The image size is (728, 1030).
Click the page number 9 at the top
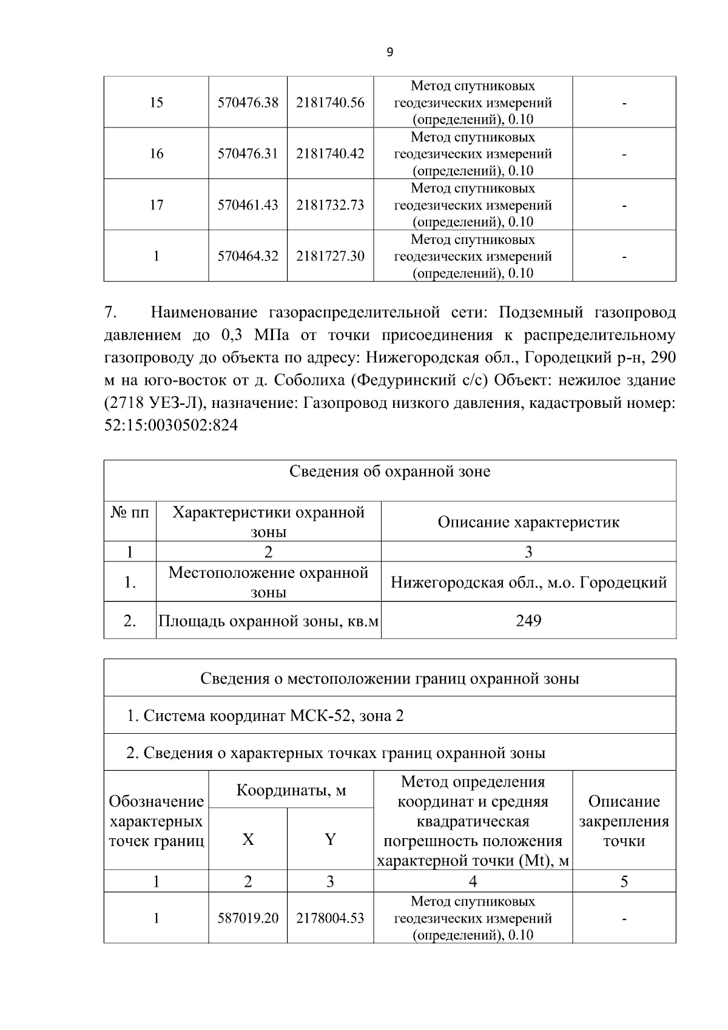[389, 53]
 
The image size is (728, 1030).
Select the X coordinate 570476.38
[248, 103]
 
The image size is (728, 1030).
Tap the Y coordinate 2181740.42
[330, 154]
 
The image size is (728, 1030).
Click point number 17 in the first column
[156, 205]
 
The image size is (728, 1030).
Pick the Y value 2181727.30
[330, 256]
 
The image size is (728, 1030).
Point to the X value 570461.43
[248, 205]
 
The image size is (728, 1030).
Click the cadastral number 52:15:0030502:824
[171, 425]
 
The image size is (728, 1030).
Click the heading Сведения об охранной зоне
[389, 472]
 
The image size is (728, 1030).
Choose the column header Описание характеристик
[528, 522]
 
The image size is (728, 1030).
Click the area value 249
[528, 620]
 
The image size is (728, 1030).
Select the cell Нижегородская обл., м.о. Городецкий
[528, 583]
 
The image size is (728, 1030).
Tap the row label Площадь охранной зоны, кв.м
[268, 621]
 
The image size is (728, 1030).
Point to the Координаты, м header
[291, 790]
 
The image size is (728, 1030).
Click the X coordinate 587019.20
[248, 918]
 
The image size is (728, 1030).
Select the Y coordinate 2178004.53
[330, 918]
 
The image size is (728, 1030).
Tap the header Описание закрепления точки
[624, 821]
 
